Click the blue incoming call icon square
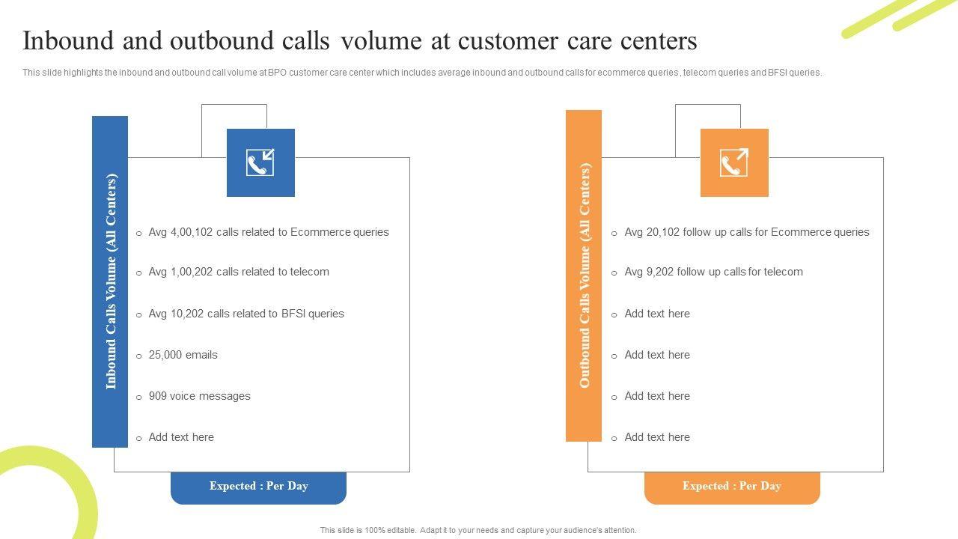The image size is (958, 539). (260, 162)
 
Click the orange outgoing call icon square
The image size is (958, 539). (734, 162)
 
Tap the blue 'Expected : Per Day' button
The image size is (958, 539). (259, 487)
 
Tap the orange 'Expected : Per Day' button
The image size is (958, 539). (732, 487)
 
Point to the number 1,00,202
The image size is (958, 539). (192, 272)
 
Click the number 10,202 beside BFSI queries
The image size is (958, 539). (187, 314)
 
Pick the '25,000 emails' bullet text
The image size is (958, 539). (183, 355)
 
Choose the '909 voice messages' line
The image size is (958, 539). (200, 396)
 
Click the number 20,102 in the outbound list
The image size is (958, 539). (662, 232)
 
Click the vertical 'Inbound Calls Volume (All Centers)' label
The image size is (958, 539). (111, 281)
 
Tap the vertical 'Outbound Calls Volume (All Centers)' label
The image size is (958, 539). (585, 275)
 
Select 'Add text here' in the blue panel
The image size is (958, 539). (181, 437)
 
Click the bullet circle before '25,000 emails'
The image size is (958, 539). (139, 356)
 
